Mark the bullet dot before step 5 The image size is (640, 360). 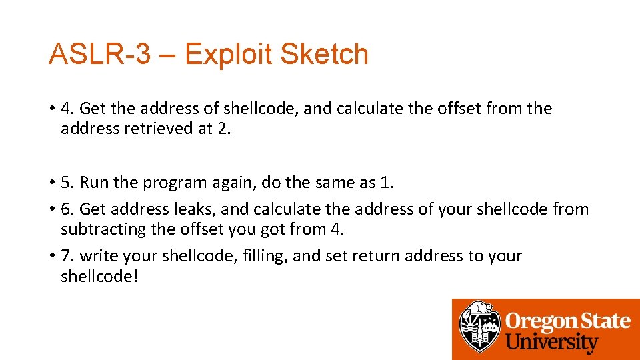51,183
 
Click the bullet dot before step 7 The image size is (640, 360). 51,257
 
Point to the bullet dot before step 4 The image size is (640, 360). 51,109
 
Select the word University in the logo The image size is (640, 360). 552,343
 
